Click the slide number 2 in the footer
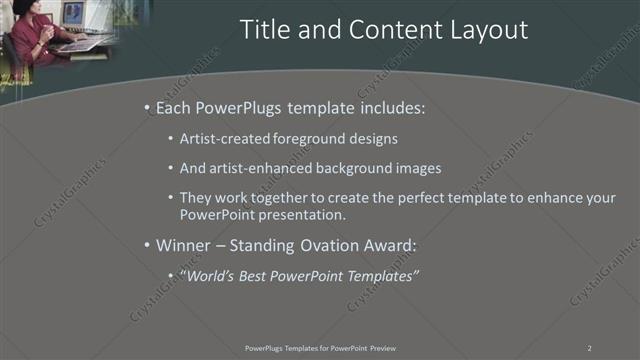point(589,347)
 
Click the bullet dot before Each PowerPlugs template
point(148,106)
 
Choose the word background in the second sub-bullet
point(361,168)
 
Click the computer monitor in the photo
point(76,15)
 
